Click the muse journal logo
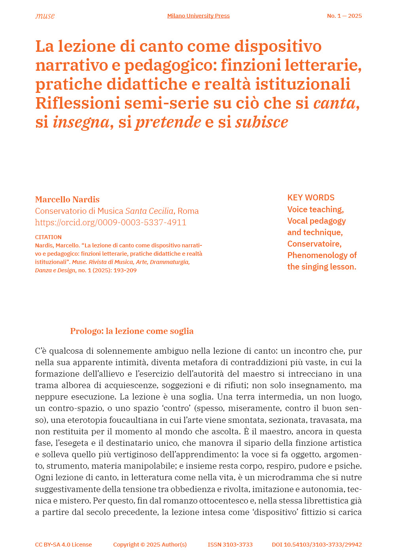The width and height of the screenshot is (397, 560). pyautogui.click(x=45, y=16)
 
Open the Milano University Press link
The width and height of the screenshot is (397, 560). pyautogui.click(x=198, y=16)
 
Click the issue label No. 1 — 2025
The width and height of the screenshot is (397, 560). pyautogui.click(x=344, y=16)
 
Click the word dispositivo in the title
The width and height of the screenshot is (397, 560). pyautogui.click(x=278, y=46)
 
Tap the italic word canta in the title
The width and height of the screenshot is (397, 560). pyautogui.click(x=335, y=103)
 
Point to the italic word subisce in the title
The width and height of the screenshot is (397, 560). pyautogui.click(x=261, y=122)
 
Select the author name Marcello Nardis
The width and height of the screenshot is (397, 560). pyautogui.click(x=67, y=200)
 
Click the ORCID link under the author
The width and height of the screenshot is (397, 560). pyautogui.click(x=111, y=222)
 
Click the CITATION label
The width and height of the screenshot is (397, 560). pyautogui.click(x=48, y=237)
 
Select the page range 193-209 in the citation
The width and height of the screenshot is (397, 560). pyautogui.click(x=125, y=270)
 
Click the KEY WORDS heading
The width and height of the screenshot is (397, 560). pyautogui.click(x=311, y=198)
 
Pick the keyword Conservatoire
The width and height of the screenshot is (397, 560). pyautogui.click(x=314, y=244)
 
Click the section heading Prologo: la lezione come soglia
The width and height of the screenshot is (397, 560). pyautogui.click(x=132, y=331)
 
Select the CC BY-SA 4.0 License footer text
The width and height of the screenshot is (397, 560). pyautogui.click(x=63, y=545)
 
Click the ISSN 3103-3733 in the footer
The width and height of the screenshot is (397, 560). pyautogui.click(x=230, y=545)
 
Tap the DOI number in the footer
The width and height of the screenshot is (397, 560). pyautogui.click(x=317, y=545)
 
